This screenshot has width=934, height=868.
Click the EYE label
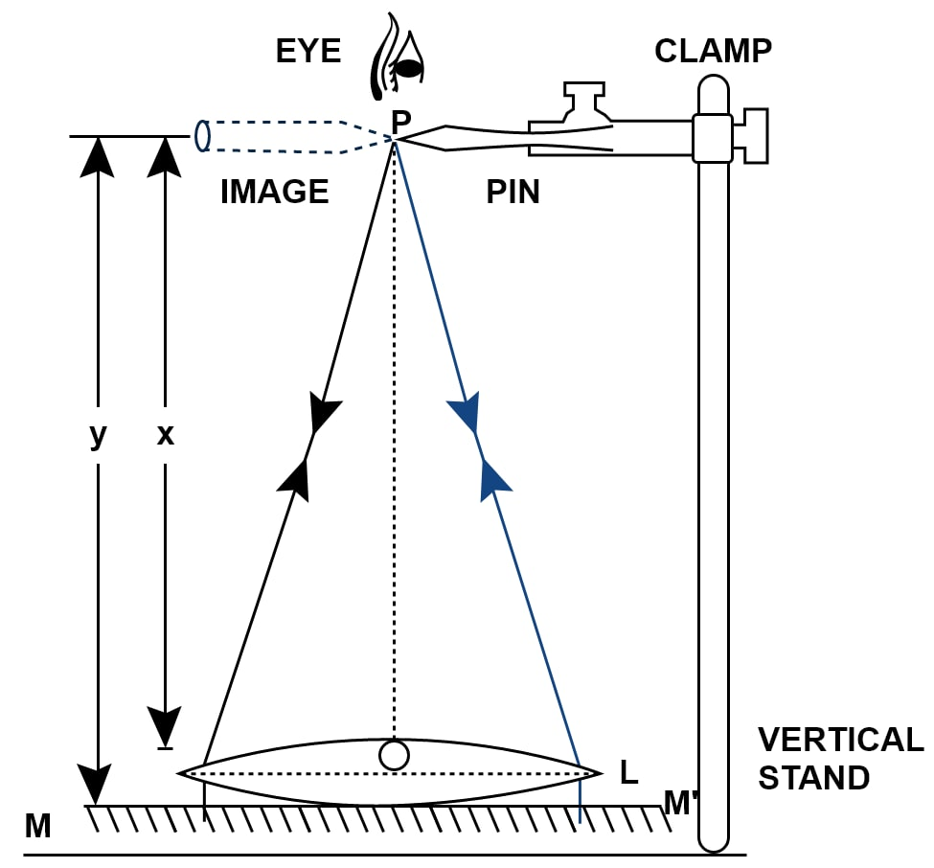(308, 52)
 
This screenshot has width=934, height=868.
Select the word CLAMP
(713, 51)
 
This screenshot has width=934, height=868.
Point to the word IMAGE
(274, 192)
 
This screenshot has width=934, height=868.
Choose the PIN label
(513, 192)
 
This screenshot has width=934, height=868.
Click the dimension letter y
(98, 436)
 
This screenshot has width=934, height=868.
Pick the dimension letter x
(166, 436)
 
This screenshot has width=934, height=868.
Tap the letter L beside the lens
(628, 772)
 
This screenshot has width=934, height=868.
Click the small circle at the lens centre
(394, 755)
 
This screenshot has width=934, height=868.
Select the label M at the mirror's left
(37, 825)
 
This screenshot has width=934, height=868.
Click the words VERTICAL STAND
(840, 758)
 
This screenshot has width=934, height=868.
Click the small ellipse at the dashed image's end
(202, 135)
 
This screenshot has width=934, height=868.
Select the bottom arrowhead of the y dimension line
(97, 785)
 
